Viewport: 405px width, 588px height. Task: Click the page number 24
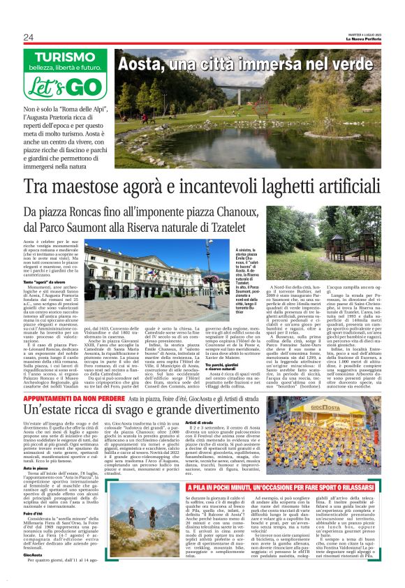pyautogui.click(x=29, y=37)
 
